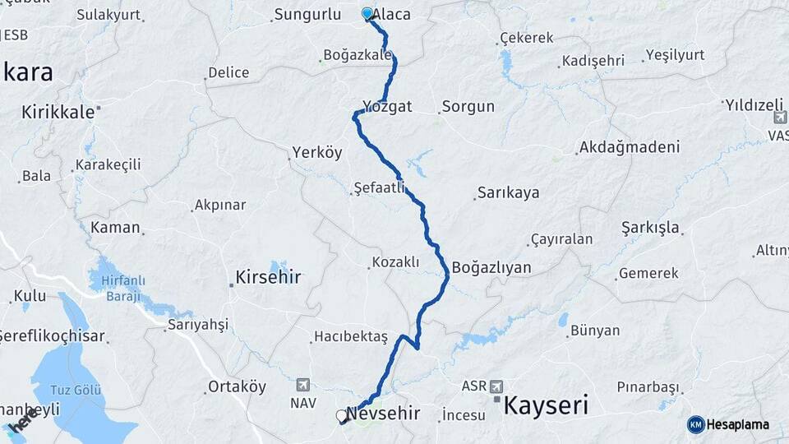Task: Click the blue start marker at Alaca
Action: (367, 14)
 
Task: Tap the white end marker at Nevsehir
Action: (342, 416)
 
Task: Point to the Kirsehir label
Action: (268, 277)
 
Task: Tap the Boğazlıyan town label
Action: (491, 267)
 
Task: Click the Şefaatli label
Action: (379, 188)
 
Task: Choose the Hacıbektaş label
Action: (350, 337)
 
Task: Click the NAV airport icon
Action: (302, 385)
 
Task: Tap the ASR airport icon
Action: (496, 386)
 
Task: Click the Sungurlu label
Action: (307, 14)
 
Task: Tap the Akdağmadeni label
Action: (630, 147)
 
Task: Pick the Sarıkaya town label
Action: (507, 193)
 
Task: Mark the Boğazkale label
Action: (356, 55)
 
